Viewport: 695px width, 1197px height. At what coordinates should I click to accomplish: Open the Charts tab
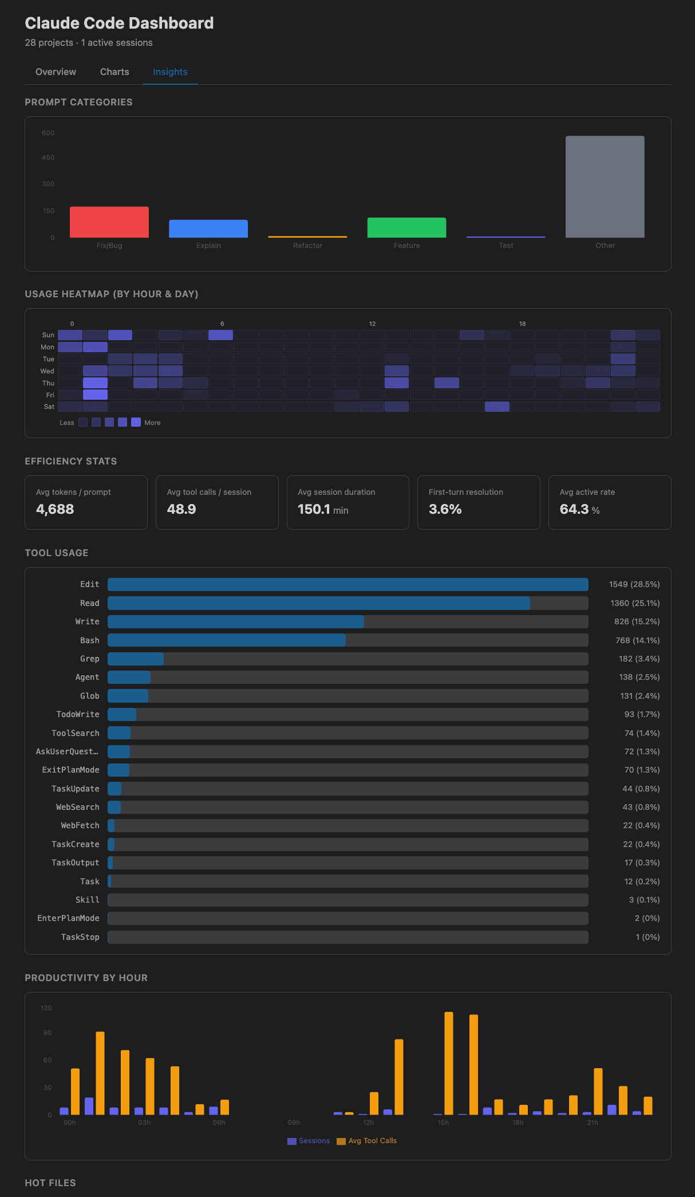coord(114,72)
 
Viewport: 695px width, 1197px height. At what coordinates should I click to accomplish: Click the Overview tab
coord(56,72)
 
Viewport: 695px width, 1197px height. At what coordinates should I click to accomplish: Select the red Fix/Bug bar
coord(109,222)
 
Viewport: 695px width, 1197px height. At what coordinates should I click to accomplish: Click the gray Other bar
coord(605,187)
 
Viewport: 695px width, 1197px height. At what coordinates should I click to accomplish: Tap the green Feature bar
coord(406,227)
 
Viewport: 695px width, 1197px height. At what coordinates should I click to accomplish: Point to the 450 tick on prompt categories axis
coord(48,157)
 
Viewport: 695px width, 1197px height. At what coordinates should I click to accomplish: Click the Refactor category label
coord(307,246)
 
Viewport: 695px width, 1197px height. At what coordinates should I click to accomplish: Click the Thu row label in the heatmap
coord(48,383)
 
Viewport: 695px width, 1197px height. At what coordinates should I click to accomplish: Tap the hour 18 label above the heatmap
coord(522,324)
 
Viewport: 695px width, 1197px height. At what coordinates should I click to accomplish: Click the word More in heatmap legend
coord(152,423)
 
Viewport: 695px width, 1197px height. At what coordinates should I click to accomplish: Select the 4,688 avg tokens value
coord(55,509)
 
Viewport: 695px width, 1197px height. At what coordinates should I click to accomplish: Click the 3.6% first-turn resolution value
coord(445,509)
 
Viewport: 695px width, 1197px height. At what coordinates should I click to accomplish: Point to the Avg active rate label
coord(587,492)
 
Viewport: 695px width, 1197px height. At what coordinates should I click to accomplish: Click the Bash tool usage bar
coord(227,640)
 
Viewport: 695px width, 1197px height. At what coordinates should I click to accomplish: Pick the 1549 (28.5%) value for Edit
coord(634,584)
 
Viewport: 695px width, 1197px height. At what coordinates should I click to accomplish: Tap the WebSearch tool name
coord(77,807)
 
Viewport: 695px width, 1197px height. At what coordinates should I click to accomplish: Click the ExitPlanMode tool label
coord(70,770)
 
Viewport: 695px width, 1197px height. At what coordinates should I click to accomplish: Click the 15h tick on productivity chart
coord(443,1123)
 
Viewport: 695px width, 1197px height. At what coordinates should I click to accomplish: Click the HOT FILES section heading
coord(50,1183)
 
